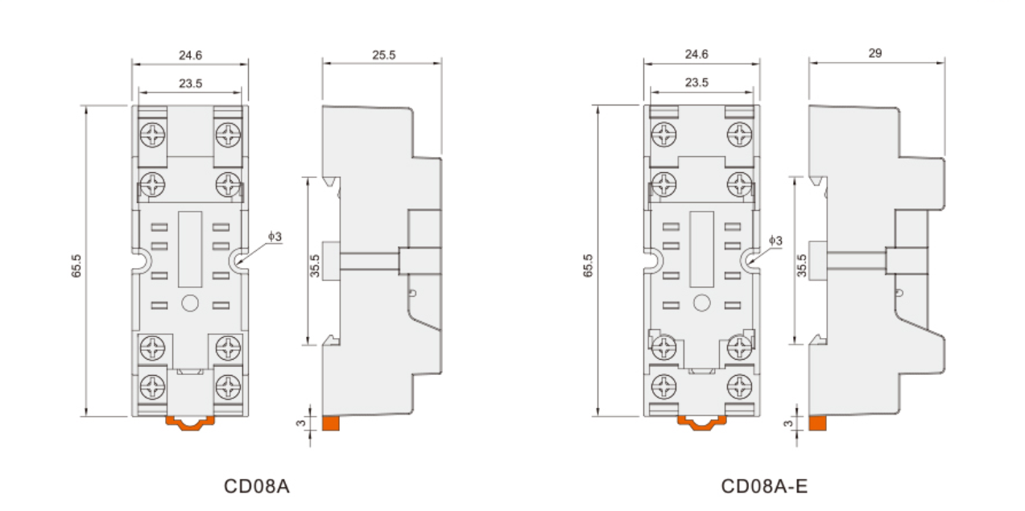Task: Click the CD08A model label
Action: coord(257,486)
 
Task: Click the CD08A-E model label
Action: coord(764,486)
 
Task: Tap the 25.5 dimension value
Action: coord(383,55)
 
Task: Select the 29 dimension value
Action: coord(875,53)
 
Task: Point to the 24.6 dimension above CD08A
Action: coord(190,56)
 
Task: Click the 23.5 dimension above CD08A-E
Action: coord(696,82)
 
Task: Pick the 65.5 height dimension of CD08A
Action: coord(76,266)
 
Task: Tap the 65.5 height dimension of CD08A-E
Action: coord(588,266)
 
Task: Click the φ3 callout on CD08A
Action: coord(275,237)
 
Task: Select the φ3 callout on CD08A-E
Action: coord(775,240)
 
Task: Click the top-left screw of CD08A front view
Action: coord(152,135)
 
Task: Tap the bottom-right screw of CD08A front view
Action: coord(228,386)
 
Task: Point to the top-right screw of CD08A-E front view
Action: coord(739,134)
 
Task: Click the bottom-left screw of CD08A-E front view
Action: coord(664,386)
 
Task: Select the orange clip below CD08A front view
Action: coord(190,423)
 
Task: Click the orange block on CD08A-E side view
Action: coord(818,423)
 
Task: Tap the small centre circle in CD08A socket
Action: coord(190,303)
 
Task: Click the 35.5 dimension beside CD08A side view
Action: coord(315,266)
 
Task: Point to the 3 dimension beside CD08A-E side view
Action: coord(788,423)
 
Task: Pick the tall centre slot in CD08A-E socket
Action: coord(701,249)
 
